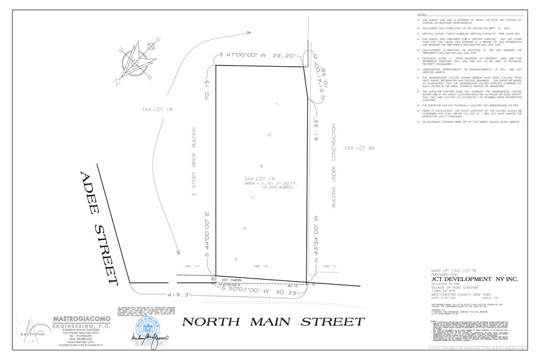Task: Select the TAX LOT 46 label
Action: tap(356, 148)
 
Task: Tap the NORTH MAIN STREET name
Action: tap(272, 322)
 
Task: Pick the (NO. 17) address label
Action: tap(193, 266)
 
